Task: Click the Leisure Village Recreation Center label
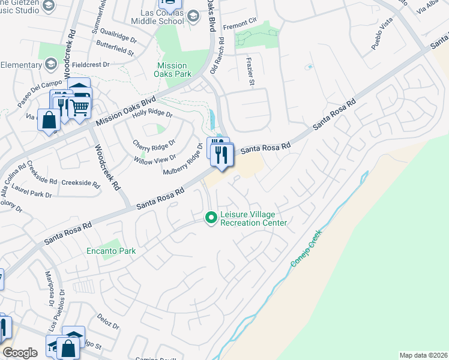point(254,218)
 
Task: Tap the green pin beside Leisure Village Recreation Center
point(211,218)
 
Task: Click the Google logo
point(20,353)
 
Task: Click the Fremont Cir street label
point(240,27)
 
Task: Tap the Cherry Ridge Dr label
point(154,144)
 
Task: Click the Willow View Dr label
point(155,158)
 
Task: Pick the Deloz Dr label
point(109,324)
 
